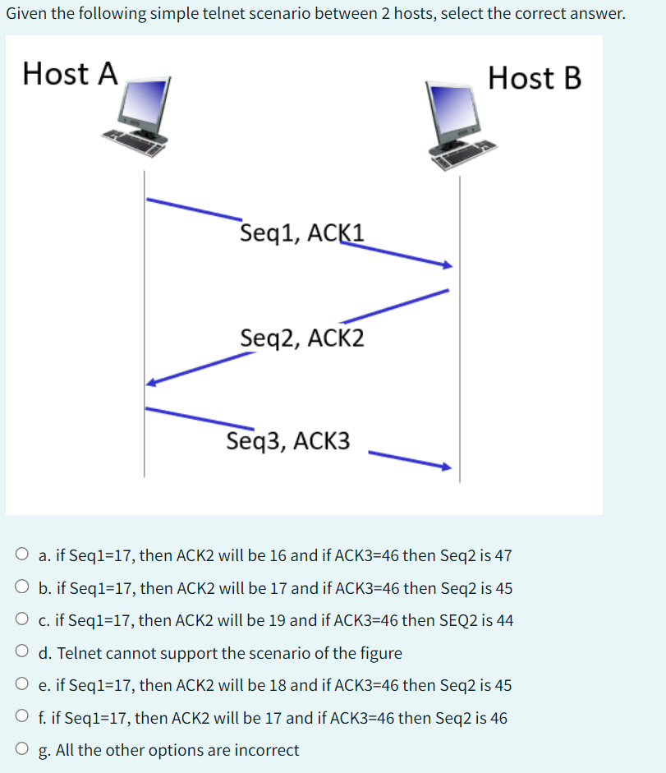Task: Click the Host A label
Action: (x=71, y=73)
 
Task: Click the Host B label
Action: (x=534, y=78)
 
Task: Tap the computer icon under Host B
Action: (x=460, y=123)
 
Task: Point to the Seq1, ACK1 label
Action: (x=302, y=233)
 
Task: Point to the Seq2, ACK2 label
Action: (x=302, y=338)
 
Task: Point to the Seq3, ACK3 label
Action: (x=288, y=441)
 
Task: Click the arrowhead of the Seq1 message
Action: (x=448, y=265)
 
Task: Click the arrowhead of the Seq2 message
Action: (x=150, y=382)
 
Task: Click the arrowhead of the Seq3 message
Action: (x=447, y=467)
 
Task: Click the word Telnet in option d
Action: (x=77, y=653)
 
